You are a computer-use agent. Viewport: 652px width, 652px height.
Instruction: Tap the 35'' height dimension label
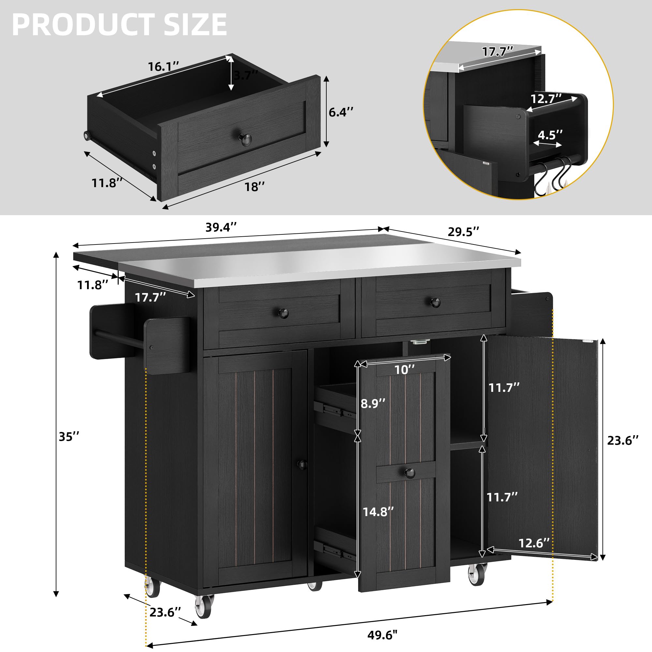coord(69,437)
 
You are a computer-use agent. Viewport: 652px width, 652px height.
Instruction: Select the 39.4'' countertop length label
coord(221,228)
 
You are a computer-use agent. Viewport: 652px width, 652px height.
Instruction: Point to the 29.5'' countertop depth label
coord(463,232)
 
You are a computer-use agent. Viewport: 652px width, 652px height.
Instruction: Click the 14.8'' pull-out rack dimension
coord(378,512)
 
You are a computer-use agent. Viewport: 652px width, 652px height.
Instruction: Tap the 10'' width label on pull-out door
coord(405,370)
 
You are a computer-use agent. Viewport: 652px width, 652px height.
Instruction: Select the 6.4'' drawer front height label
coord(341,112)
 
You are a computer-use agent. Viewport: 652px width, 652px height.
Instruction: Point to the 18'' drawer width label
coord(255,186)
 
